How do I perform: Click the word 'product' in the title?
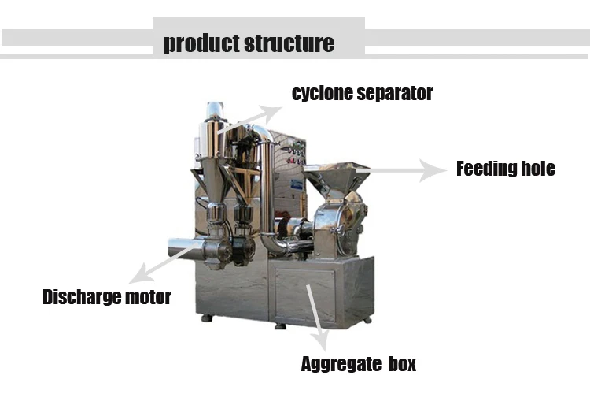pyautogui.click(x=201, y=43)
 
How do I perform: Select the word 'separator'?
pyautogui.click(x=395, y=93)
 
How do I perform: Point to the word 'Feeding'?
pyautogui.click(x=486, y=168)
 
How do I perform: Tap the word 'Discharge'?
pyautogui.click(x=81, y=297)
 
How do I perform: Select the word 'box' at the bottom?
pyautogui.click(x=399, y=364)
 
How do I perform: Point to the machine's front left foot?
pyautogui.click(x=206, y=319)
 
